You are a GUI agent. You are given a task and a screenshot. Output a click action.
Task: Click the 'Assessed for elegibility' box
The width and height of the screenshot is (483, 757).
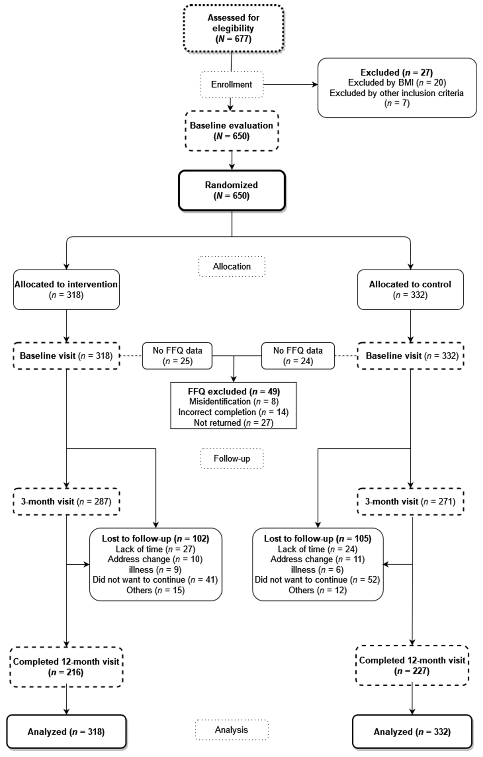(233, 28)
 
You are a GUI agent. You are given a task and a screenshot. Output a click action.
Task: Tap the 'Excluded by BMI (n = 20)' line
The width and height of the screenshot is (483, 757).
(397, 83)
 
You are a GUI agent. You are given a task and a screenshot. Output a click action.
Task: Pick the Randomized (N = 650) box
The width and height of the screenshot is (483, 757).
(231, 190)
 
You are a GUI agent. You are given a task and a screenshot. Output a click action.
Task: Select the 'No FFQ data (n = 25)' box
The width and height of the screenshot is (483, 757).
(177, 356)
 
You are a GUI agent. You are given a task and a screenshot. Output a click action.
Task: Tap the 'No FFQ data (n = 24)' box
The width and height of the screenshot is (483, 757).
(298, 356)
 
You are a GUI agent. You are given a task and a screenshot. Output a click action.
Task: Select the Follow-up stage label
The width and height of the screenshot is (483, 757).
(231, 458)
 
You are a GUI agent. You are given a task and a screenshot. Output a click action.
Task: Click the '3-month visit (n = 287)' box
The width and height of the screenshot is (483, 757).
(66, 501)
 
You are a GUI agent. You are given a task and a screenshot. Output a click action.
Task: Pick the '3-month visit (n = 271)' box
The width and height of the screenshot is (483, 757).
(410, 501)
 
